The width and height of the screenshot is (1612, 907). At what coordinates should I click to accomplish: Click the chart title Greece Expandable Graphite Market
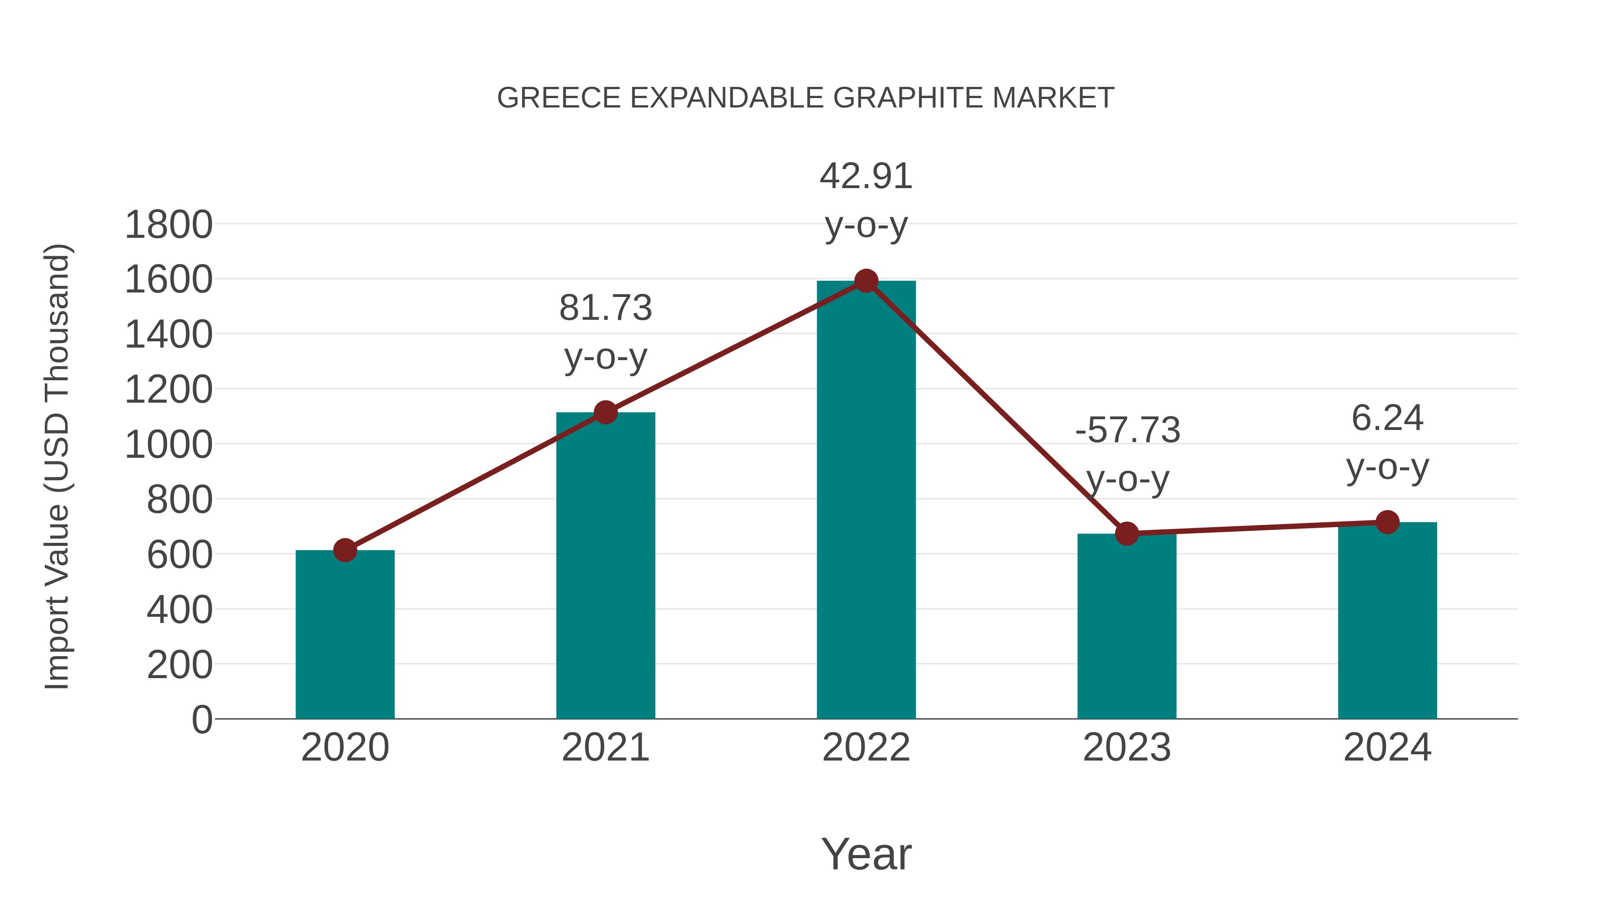click(806, 98)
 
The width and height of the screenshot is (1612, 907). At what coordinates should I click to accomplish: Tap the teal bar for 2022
click(866, 501)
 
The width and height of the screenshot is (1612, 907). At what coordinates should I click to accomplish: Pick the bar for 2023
click(1127, 626)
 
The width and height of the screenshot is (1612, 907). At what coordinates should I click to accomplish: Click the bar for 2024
click(1387, 620)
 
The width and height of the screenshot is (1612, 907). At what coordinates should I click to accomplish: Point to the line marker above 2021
click(605, 413)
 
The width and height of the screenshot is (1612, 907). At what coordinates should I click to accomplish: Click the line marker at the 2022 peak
click(866, 281)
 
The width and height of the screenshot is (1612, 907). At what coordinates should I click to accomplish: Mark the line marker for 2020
click(345, 550)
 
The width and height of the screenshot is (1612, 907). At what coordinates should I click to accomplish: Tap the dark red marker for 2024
click(1387, 522)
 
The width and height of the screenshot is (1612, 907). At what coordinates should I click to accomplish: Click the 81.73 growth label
click(605, 308)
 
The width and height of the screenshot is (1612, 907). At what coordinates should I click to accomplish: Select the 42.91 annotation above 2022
click(866, 176)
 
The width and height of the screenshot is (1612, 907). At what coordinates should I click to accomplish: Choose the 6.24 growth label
click(1387, 418)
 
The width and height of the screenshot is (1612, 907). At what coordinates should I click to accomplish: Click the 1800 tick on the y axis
click(168, 225)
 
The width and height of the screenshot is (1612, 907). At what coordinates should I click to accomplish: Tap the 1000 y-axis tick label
click(168, 445)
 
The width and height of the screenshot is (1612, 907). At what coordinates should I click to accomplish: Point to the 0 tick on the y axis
click(201, 719)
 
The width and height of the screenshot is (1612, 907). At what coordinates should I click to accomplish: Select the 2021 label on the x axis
click(605, 748)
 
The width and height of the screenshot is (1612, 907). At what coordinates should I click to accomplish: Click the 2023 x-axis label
click(1127, 748)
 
